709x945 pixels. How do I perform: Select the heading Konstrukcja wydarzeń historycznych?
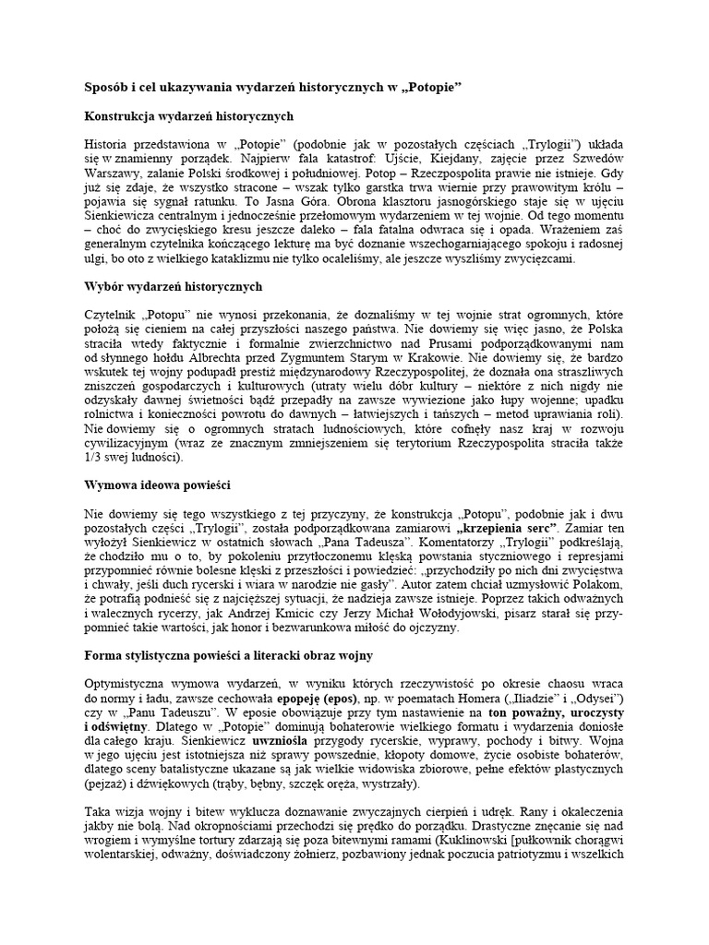[188, 116]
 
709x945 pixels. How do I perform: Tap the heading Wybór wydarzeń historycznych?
[174, 287]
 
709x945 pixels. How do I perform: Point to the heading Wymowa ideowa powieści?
[157, 484]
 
